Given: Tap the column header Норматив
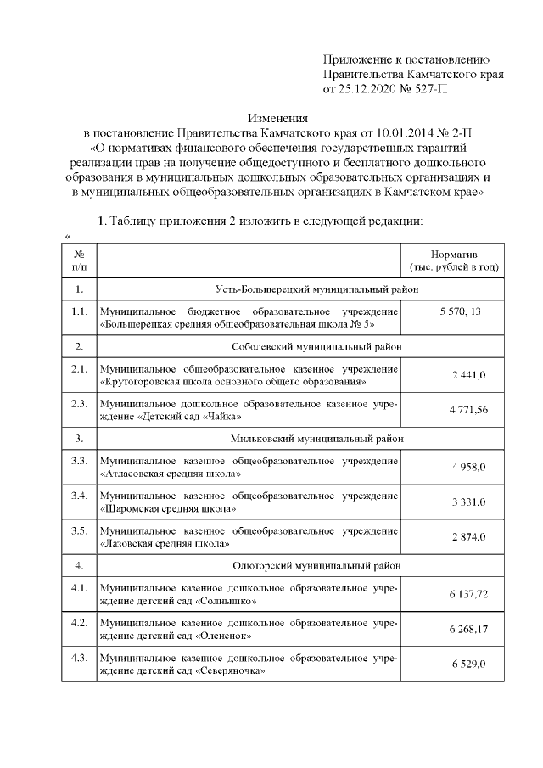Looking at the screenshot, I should coord(454,254).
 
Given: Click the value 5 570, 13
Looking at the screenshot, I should coord(454,312).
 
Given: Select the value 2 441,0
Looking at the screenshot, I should coord(467,376).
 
